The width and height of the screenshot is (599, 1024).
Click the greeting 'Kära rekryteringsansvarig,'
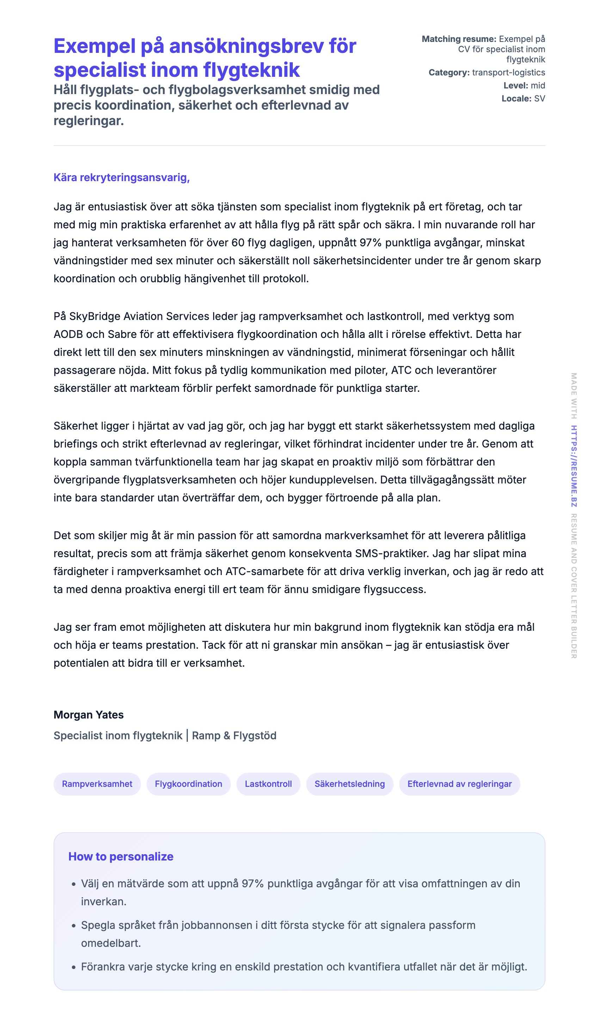(x=122, y=178)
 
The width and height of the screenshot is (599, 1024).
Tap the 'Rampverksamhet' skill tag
(x=97, y=784)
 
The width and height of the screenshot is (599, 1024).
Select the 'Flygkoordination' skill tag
(x=189, y=784)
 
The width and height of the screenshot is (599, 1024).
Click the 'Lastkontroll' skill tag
(x=268, y=784)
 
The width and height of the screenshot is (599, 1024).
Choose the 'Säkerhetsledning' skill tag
(x=350, y=784)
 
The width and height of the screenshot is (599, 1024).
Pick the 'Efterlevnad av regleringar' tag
(x=459, y=784)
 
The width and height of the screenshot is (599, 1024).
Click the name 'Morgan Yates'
(x=88, y=715)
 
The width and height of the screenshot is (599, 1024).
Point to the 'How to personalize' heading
(x=121, y=856)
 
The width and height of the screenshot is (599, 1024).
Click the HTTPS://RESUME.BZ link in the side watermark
(x=574, y=466)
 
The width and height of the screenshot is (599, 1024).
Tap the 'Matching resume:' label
(x=459, y=39)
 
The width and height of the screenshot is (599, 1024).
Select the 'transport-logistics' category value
(x=508, y=72)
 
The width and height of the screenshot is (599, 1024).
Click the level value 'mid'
(x=538, y=85)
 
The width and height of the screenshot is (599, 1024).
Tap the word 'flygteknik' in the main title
(x=251, y=70)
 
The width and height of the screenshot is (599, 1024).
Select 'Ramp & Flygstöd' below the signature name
(x=234, y=735)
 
